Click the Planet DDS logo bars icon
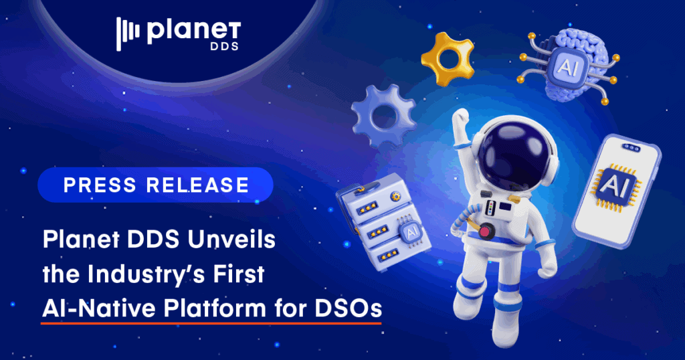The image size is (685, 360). tap(128, 33)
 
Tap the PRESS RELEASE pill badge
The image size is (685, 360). tap(155, 185)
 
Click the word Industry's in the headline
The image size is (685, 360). tap(153, 275)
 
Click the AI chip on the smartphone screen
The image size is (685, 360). tap(613, 183)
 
